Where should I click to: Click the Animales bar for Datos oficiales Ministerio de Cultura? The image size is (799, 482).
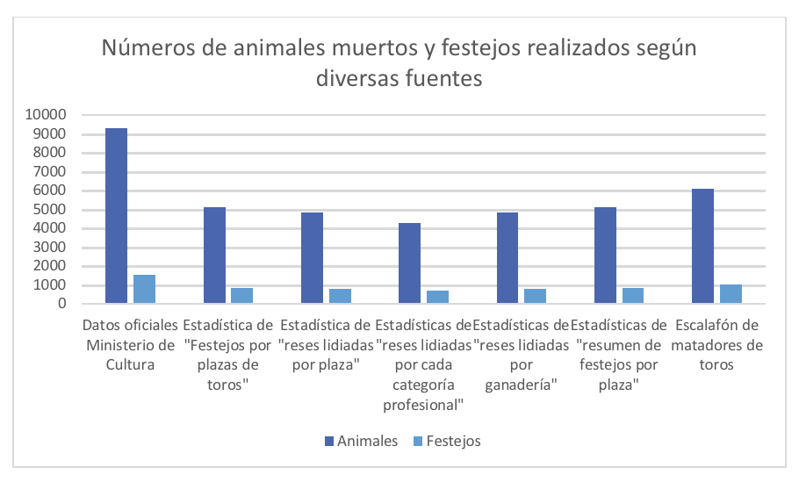point(117,216)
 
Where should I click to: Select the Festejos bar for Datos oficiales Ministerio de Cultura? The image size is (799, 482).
point(144,290)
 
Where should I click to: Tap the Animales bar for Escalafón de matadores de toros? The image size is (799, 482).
point(703,247)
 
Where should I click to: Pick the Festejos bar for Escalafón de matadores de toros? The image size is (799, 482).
point(731,294)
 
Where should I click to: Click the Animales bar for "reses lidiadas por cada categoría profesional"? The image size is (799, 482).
point(410,263)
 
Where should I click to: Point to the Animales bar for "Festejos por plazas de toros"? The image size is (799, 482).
point(214,255)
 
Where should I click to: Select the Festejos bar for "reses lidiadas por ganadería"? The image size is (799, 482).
point(535,296)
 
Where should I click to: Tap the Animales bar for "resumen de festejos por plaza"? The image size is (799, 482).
point(605,255)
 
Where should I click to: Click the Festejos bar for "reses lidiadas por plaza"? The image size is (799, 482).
point(340,296)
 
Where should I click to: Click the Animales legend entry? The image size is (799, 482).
point(361,441)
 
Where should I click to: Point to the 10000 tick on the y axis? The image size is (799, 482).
point(47,115)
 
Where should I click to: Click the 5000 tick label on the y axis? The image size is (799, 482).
point(50,210)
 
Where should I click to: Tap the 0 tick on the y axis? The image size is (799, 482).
point(62,304)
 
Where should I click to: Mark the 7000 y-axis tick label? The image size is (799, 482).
point(50,172)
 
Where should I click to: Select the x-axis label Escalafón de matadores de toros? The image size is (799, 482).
point(718,345)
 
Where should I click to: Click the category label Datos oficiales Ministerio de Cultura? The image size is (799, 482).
point(132,345)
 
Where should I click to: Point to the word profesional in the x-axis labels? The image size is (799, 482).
point(423,406)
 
